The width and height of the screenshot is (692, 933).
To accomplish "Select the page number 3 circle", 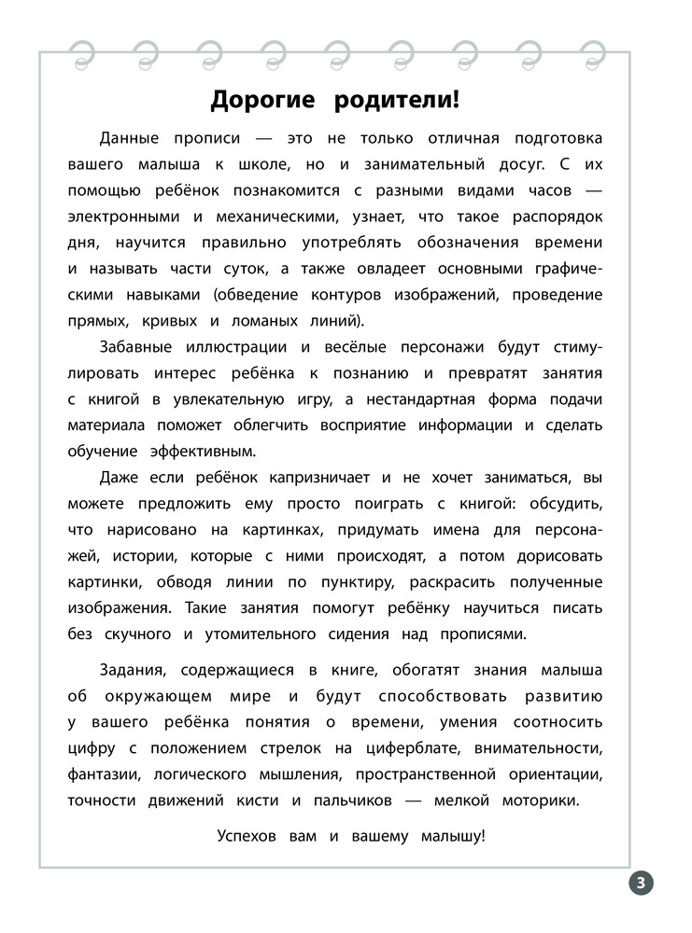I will point(641,883).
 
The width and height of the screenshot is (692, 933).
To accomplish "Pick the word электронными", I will point(122,216).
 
